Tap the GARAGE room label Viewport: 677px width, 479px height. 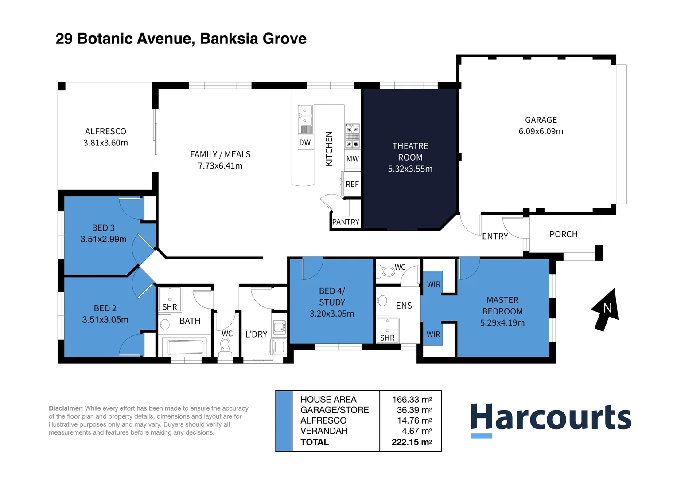(x=541, y=120)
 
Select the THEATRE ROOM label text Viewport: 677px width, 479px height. (x=410, y=152)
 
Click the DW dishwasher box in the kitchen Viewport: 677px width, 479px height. (x=305, y=142)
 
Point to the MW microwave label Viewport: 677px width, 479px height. (x=352, y=158)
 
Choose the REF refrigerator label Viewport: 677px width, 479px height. (x=352, y=184)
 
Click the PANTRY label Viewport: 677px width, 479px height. (x=346, y=222)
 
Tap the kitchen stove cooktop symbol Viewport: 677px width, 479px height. (x=352, y=136)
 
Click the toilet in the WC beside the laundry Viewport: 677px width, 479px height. (x=226, y=346)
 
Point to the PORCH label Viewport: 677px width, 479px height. (x=564, y=234)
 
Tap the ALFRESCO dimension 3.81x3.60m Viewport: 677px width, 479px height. (x=105, y=142)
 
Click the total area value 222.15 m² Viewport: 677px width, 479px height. (x=412, y=442)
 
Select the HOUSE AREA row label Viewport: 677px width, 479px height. (x=328, y=400)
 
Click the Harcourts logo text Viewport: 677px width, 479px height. (x=551, y=416)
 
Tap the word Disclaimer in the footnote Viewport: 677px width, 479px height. (x=65, y=408)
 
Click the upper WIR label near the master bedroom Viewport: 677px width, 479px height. (x=434, y=284)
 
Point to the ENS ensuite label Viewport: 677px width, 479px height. (x=404, y=306)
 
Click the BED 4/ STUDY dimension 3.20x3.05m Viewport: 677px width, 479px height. (x=331, y=314)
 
